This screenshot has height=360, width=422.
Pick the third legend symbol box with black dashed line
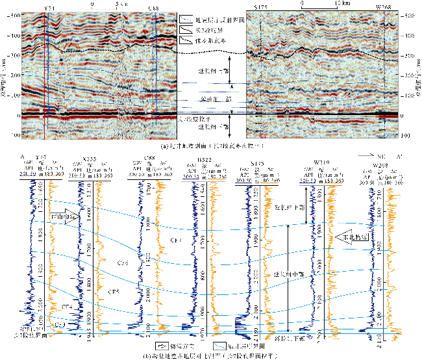(186, 40)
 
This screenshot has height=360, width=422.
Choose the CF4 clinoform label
(67, 305)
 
